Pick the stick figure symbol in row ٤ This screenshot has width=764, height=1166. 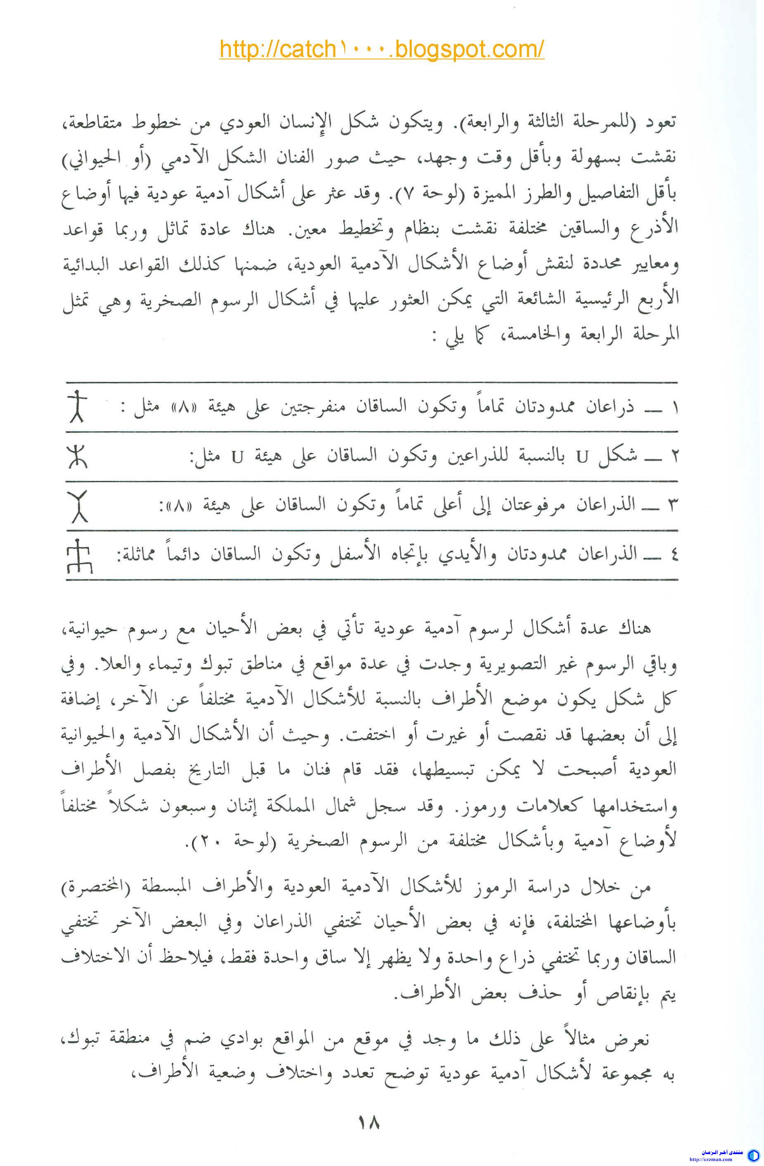pos(78,556)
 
